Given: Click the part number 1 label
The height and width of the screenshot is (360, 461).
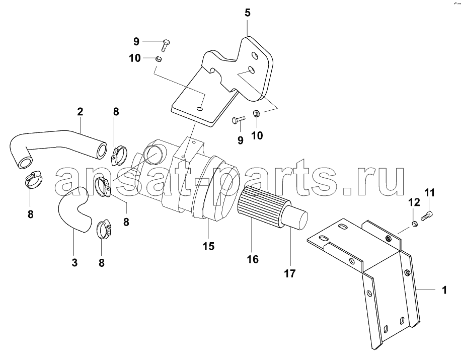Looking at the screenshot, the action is (x=444, y=290).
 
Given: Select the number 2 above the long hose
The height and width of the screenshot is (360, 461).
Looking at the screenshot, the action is (x=80, y=112).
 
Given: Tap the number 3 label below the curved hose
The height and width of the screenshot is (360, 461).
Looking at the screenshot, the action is (x=74, y=263).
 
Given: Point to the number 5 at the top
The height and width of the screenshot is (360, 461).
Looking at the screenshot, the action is (x=247, y=13).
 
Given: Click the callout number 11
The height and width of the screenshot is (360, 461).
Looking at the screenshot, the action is (x=429, y=193).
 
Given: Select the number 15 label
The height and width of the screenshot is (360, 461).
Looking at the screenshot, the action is (x=208, y=246).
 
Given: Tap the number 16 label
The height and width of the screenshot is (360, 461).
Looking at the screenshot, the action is (x=253, y=259).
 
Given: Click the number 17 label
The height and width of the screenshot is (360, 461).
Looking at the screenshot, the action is (x=289, y=273).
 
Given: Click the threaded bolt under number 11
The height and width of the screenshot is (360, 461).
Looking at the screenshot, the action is (x=428, y=217).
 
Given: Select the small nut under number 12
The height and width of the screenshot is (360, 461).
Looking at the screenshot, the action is (x=413, y=225).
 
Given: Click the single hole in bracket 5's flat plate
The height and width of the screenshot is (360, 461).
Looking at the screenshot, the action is (x=200, y=109).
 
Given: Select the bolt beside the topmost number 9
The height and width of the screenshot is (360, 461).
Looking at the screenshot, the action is (x=165, y=45).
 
